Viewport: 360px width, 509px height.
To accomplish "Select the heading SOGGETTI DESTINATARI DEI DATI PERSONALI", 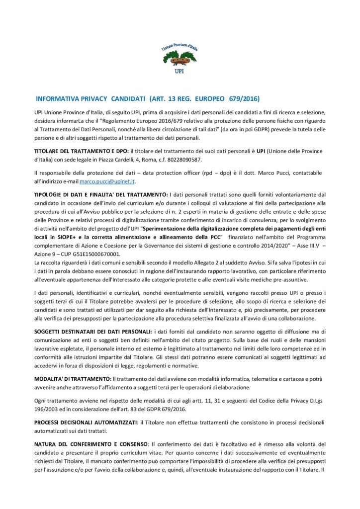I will click(x=92, y=331).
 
